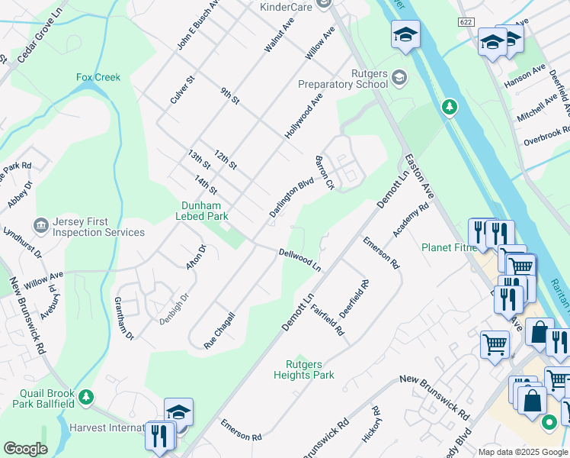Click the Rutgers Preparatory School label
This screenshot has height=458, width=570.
pos(353,78)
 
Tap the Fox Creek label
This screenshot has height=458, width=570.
pos(98,77)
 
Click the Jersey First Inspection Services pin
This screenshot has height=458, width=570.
pos(41,226)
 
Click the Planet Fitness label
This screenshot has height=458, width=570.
pos(449,247)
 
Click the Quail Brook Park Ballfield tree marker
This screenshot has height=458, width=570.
pos(87,397)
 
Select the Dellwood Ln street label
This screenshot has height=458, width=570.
pos(299,260)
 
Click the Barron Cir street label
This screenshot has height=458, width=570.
pos(325,173)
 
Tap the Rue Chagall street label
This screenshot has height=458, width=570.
pos(219,331)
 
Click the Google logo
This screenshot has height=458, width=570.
pos(25,449)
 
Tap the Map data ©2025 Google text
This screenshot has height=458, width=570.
pos(522,452)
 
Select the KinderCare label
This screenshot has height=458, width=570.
pos(287,7)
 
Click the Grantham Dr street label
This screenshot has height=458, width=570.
pos(124,319)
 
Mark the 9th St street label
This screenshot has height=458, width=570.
pos(230,96)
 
